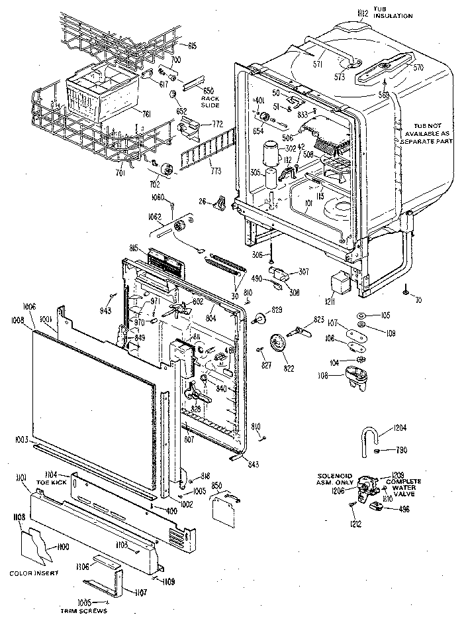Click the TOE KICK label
pyautogui.click(x=50, y=483)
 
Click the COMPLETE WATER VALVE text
pyautogui.click(x=410, y=487)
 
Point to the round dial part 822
pyautogui.click(x=279, y=345)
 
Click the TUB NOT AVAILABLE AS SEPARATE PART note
pyautogui.click(x=424, y=133)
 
